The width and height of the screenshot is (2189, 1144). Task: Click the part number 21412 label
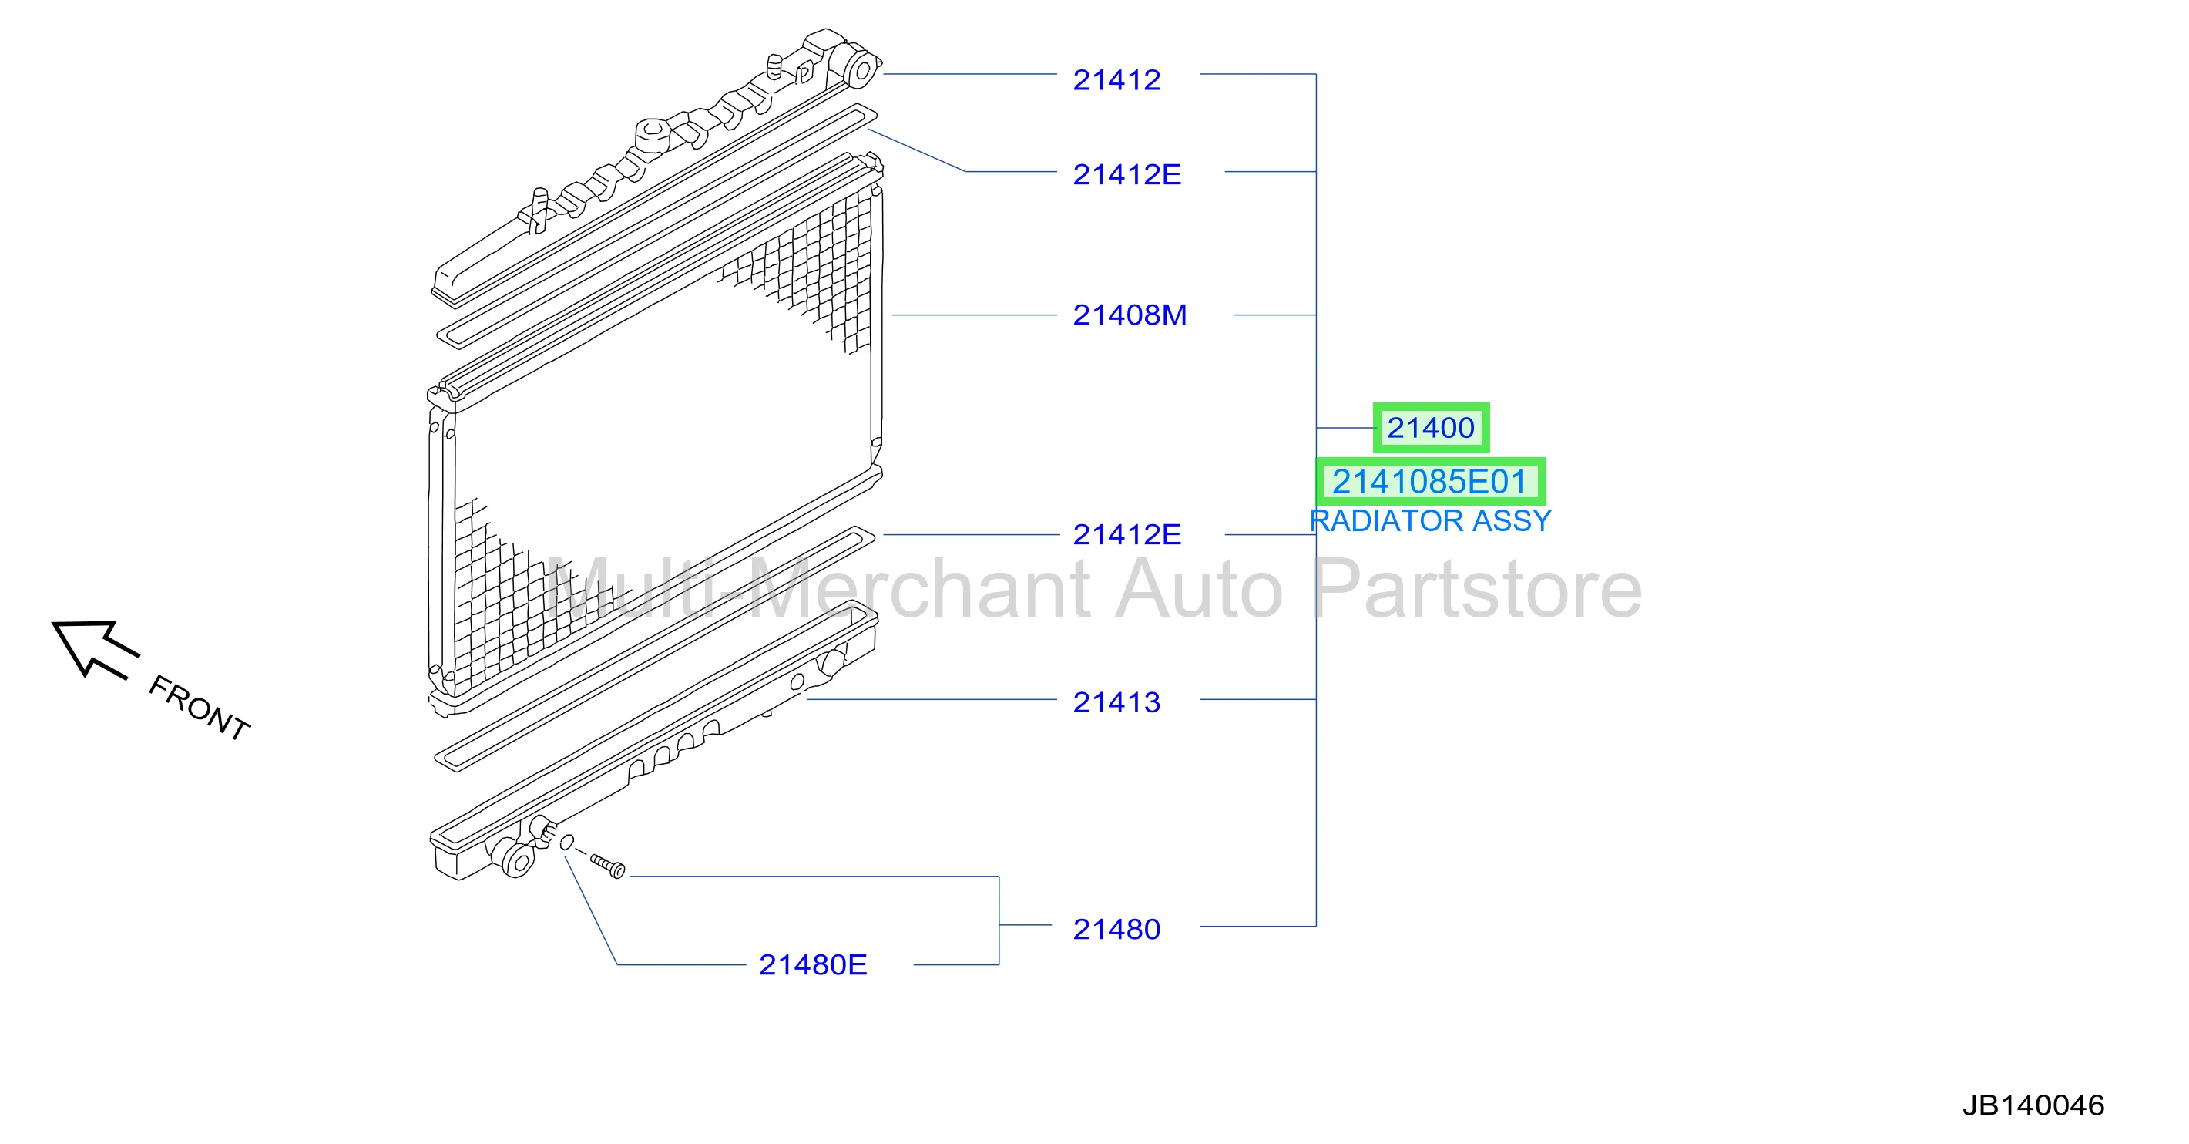tap(1116, 80)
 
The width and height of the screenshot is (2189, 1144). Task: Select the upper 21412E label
tap(1126, 174)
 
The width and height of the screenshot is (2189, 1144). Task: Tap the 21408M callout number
tap(1130, 315)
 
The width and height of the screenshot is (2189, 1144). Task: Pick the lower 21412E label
tap(1126, 534)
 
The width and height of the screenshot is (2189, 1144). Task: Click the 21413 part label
tap(1116, 702)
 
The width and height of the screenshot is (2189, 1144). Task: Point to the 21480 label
tap(1116, 929)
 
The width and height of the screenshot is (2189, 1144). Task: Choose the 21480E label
tap(812, 964)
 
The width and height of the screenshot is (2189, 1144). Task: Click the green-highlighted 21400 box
tap(1431, 428)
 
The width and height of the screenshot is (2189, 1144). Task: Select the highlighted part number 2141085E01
tap(1430, 482)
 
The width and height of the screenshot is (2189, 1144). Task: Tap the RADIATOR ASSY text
tap(1430, 521)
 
